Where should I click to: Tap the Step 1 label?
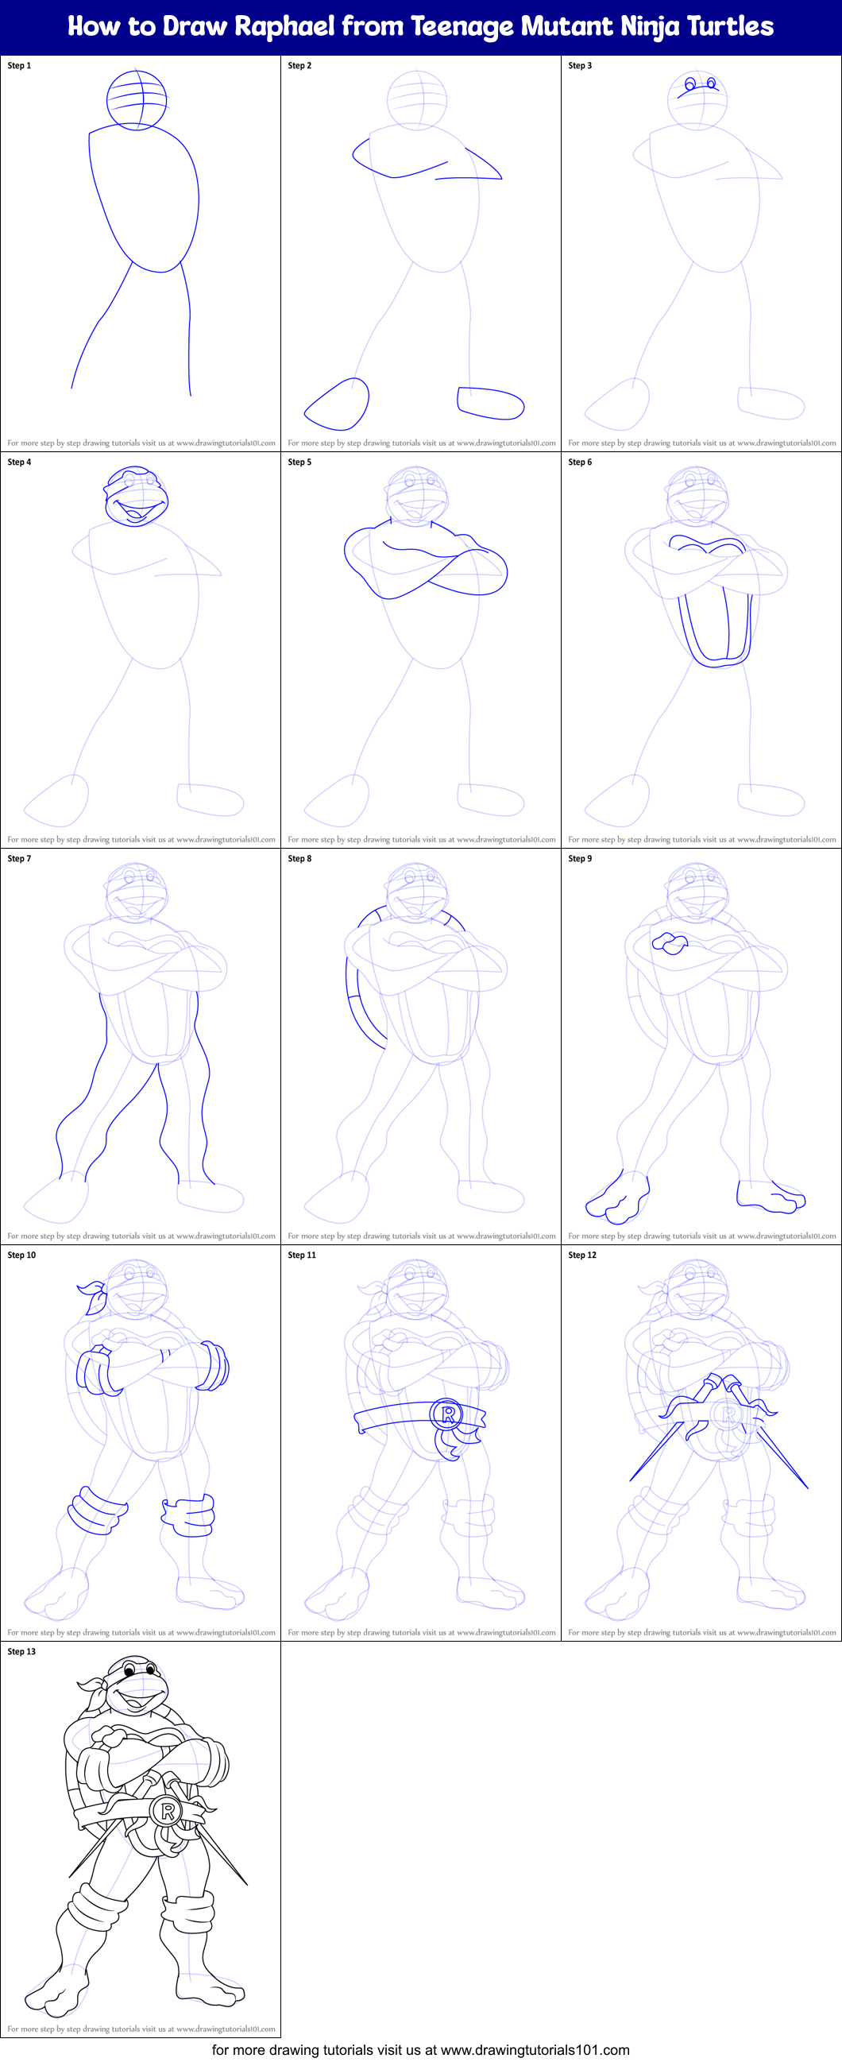point(19,66)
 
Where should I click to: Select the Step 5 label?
point(299,462)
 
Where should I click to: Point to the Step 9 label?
point(580,858)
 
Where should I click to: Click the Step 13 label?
point(21,1651)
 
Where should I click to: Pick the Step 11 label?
point(302,1255)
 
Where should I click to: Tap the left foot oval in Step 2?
point(337,404)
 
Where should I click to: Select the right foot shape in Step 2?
point(490,403)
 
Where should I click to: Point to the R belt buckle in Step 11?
point(447,1414)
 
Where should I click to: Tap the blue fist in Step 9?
point(669,944)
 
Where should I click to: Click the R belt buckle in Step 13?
point(168,1811)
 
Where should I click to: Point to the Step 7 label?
point(19,858)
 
